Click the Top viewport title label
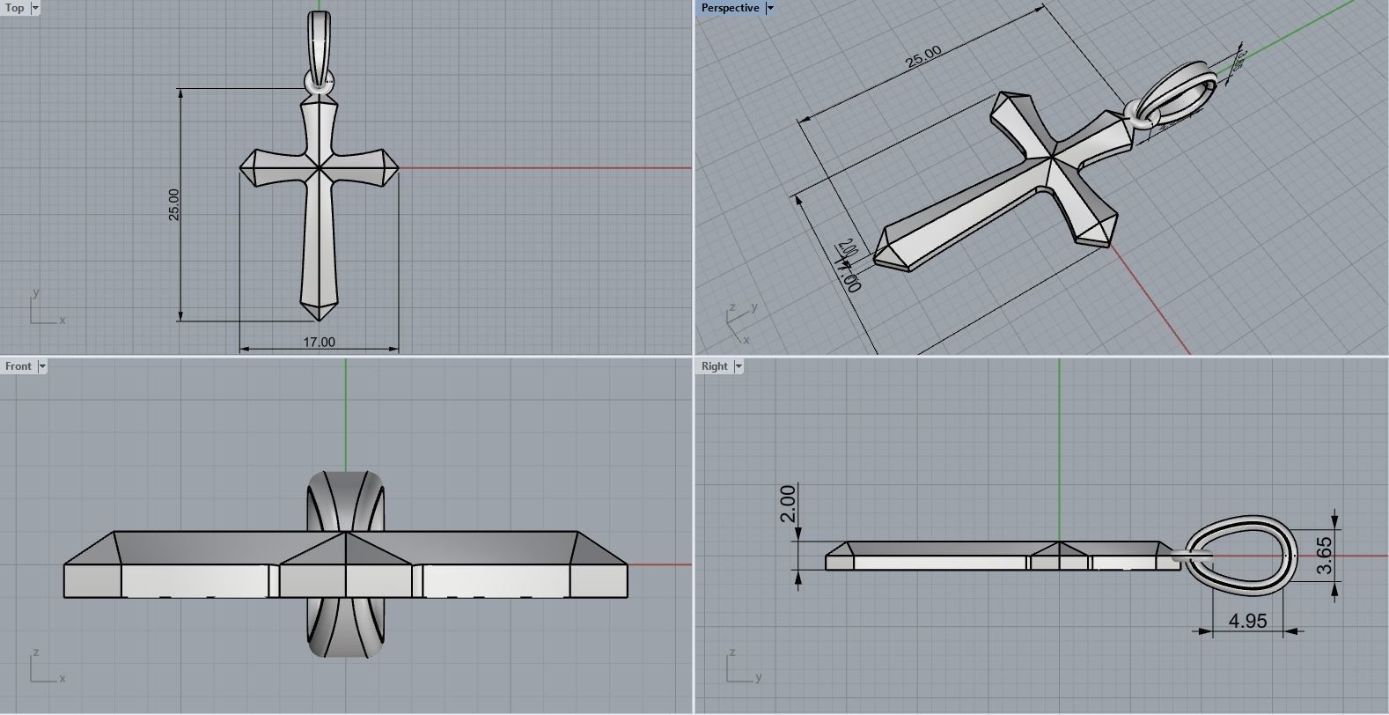(x=15, y=8)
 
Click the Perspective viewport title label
(x=730, y=8)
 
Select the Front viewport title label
(x=18, y=366)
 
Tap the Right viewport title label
(x=715, y=366)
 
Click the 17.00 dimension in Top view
(x=319, y=342)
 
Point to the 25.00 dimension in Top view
(x=173, y=204)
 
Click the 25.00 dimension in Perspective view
(x=923, y=57)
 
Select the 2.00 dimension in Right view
(x=787, y=503)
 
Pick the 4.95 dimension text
(x=1247, y=621)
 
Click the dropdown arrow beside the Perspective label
(x=770, y=8)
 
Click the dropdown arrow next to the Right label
(x=739, y=366)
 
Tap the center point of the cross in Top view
(x=319, y=166)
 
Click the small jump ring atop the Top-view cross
(x=319, y=84)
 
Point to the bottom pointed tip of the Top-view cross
(x=319, y=320)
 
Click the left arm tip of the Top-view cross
(x=243, y=166)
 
